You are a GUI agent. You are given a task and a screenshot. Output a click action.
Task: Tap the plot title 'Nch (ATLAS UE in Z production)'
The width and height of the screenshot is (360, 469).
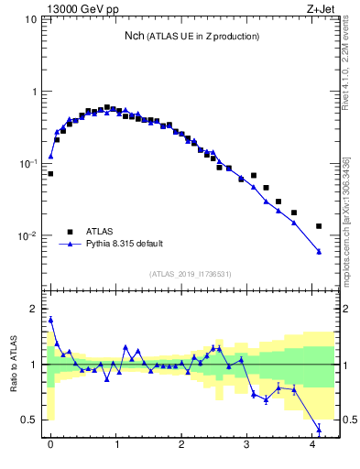pyautogui.click(x=192, y=36)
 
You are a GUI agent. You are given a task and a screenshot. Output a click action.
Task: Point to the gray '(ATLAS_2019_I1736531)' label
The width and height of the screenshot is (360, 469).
pyautogui.click(x=191, y=274)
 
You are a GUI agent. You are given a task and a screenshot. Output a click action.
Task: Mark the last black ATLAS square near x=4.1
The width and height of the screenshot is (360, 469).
pyautogui.click(x=319, y=225)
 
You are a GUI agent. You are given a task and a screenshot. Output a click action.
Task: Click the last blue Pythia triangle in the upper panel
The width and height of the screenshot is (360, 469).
pyautogui.click(x=319, y=252)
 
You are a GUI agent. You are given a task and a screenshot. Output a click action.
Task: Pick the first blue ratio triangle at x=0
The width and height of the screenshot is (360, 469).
pyautogui.click(x=50, y=320)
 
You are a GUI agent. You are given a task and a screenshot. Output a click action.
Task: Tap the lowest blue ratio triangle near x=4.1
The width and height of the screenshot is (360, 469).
pyautogui.click(x=319, y=429)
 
